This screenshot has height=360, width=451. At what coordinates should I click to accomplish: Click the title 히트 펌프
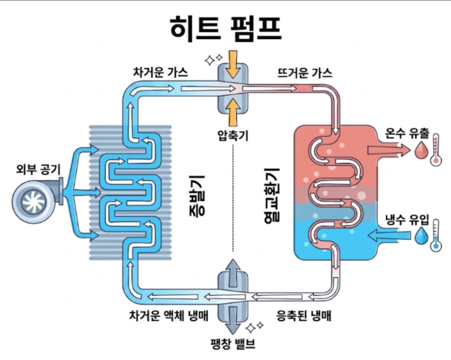(226, 28)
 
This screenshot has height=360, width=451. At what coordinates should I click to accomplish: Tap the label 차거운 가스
(161, 72)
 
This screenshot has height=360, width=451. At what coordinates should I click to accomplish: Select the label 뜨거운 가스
(305, 73)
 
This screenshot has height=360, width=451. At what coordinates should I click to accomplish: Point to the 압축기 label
(233, 135)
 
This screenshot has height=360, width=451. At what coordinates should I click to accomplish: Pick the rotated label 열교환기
(272, 195)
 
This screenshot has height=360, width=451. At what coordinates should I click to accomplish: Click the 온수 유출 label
(407, 133)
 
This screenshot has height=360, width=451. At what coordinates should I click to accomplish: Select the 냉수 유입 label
(407, 220)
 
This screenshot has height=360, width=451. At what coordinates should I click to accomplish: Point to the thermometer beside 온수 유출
(436, 149)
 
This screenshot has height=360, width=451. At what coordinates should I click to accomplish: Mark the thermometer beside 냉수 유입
(436, 235)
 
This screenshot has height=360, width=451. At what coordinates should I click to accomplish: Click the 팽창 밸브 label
(233, 344)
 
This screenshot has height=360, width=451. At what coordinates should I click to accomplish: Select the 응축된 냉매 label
(304, 316)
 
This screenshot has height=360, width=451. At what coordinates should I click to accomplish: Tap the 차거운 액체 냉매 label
(169, 315)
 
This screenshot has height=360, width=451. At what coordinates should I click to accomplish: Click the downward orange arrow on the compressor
(233, 64)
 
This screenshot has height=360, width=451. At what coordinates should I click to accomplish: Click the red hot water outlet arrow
(388, 150)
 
